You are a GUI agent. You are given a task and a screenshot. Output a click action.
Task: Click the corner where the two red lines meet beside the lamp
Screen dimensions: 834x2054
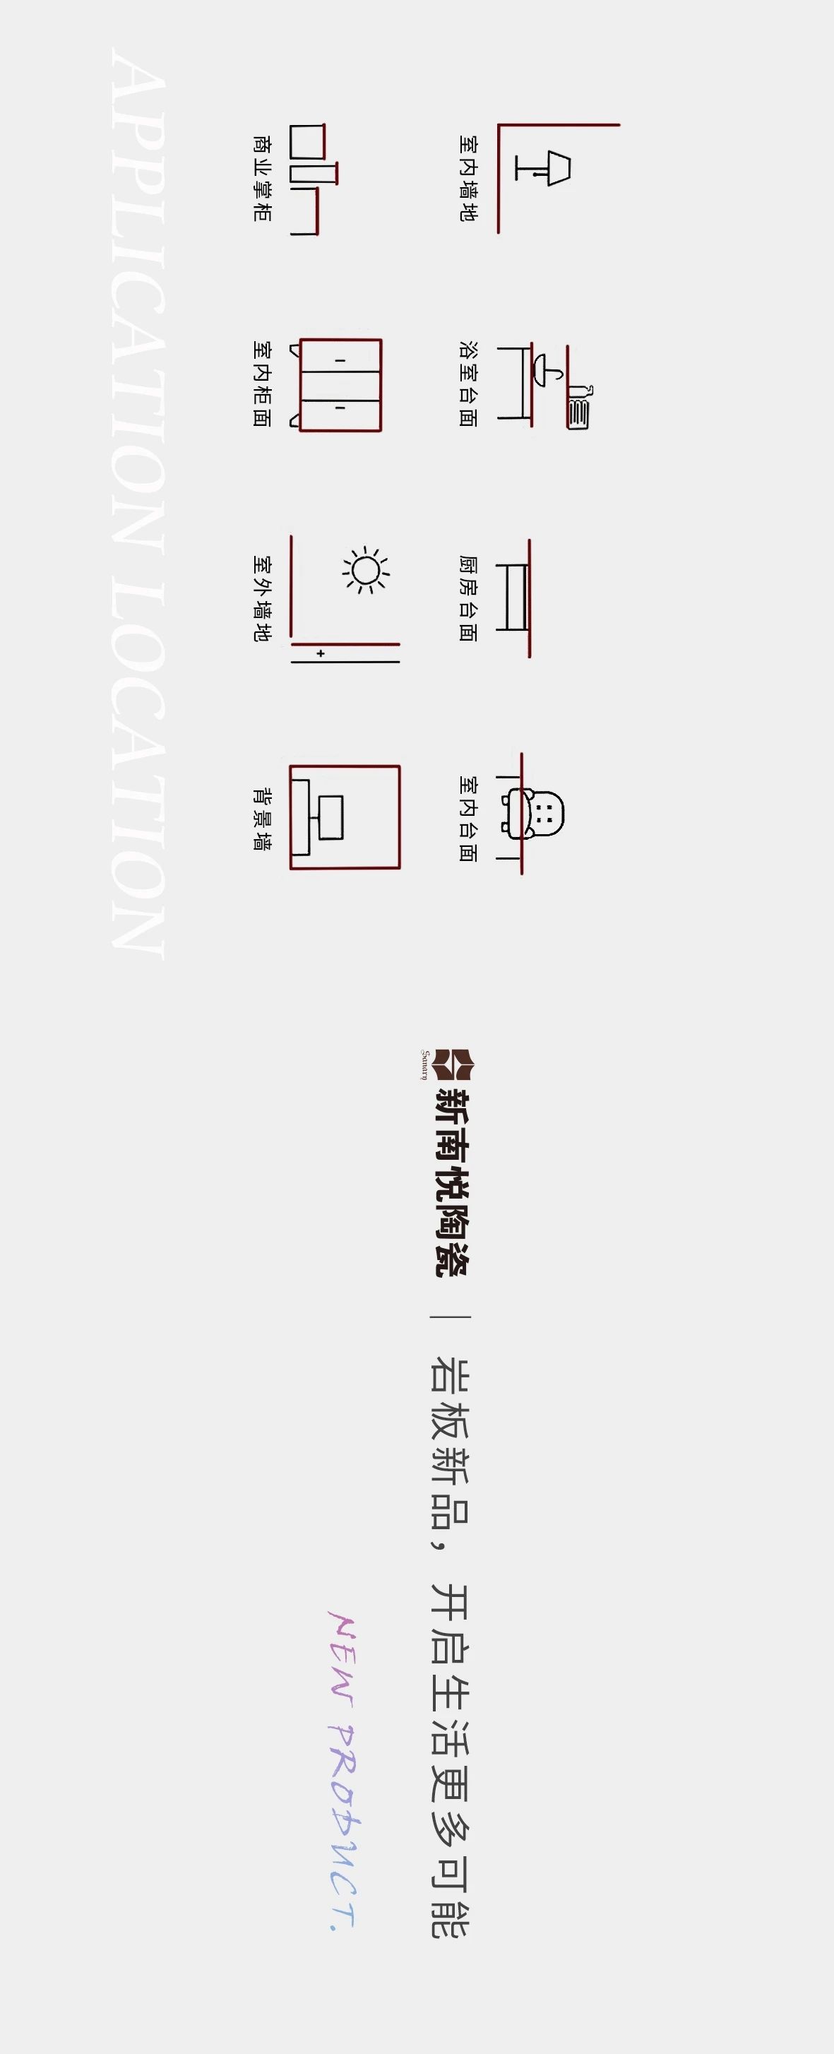pyautogui.click(x=499, y=125)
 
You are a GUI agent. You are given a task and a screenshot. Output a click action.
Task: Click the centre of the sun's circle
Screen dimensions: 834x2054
pyautogui.click(x=366, y=571)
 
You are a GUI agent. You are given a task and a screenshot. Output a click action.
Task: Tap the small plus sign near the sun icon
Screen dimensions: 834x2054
pyautogui.click(x=321, y=653)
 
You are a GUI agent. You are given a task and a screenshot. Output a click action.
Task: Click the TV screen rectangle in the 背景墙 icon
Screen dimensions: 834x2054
pyautogui.click(x=331, y=817)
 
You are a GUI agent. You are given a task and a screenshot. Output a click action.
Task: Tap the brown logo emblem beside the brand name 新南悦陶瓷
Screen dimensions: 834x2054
pyautogui.click(x=452, y=1065)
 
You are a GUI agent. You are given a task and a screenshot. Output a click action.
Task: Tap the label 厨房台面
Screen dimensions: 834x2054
pyautogui.click(x=468, y=599)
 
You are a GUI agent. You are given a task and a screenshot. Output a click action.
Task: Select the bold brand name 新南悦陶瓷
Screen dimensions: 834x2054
pyautogui.click(x=452, y=1181)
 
